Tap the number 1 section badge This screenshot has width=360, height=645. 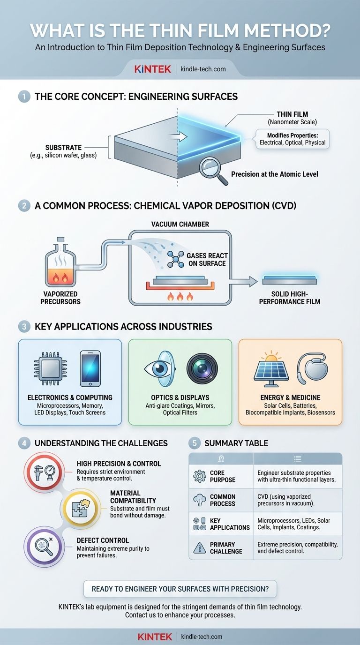24,97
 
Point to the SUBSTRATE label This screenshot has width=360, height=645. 64,147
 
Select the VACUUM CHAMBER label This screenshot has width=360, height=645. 180,225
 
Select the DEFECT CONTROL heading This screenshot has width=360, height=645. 103,540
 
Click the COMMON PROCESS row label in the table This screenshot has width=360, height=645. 223,500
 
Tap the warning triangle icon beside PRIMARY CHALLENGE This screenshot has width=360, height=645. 199,547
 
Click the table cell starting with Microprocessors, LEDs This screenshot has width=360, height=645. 297,524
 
